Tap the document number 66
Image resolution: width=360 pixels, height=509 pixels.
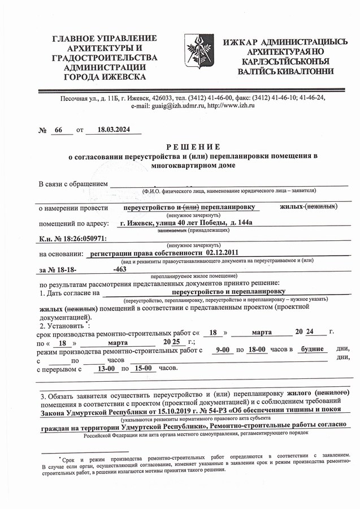(x=58, y=130)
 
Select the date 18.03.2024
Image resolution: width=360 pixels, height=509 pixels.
(x=114, y=130)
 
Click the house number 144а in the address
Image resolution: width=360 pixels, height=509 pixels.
(x=245, y=222)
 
